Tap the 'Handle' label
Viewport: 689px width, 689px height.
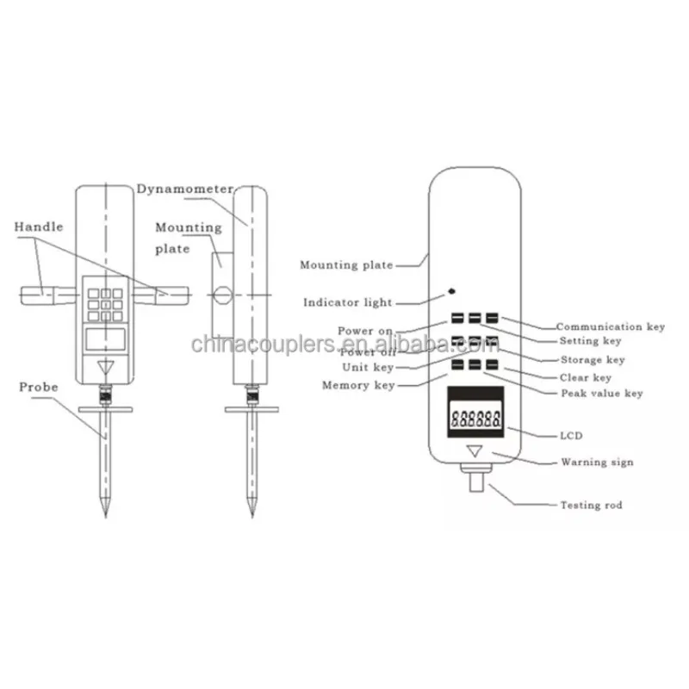pyautogui.click(x=39, y=227)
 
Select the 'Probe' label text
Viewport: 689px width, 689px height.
pyautogui.click(x=39, y=388)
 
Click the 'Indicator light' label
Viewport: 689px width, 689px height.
pyautogui.click(x=348, y=302)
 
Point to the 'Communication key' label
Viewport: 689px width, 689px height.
pyautogui.click(x=611, y=327)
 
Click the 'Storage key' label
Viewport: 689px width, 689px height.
pyautogui.click(x=593, y=360)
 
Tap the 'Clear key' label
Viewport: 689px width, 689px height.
pyautogui.click(x=585, y=377)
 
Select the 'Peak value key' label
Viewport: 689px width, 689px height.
pyautogui.click(x=602, y=394)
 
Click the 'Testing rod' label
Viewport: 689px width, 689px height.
pyautogui.click(x=591, y=506)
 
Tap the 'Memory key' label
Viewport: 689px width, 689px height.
pyautogui.click(x=358, y=386)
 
